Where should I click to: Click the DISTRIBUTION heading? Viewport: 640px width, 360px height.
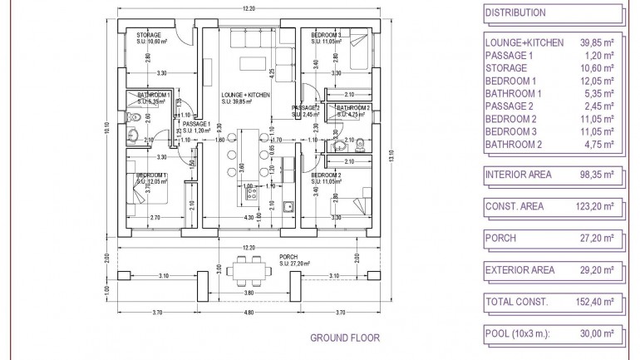point(514,12)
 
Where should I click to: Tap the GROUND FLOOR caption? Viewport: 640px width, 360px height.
point(345,338)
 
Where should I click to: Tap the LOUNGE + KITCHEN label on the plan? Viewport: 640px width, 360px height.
point(246,96)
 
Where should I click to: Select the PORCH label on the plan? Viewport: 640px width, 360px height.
point(288,256)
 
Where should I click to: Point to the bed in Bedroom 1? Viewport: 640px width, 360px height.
point(150,195)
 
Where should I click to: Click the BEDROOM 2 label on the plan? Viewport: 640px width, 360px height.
point(327,175)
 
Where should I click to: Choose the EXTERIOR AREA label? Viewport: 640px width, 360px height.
point(519,269)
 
